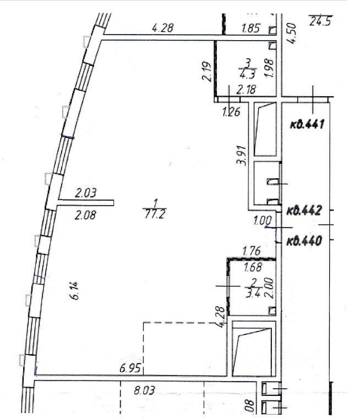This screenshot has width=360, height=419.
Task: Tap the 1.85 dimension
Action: tap(251, 28)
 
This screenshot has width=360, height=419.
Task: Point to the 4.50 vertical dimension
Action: tap(293, 32)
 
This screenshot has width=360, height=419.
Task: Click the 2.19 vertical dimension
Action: tap(206, 71)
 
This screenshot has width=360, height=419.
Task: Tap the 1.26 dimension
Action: tap(231, 114)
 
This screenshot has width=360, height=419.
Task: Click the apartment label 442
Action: tap(304, 209)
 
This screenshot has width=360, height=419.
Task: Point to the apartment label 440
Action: tap(304, 240)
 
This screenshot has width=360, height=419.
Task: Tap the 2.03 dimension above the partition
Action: tap(85, 192)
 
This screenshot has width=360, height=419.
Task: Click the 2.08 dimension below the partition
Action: tap(85, 216)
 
